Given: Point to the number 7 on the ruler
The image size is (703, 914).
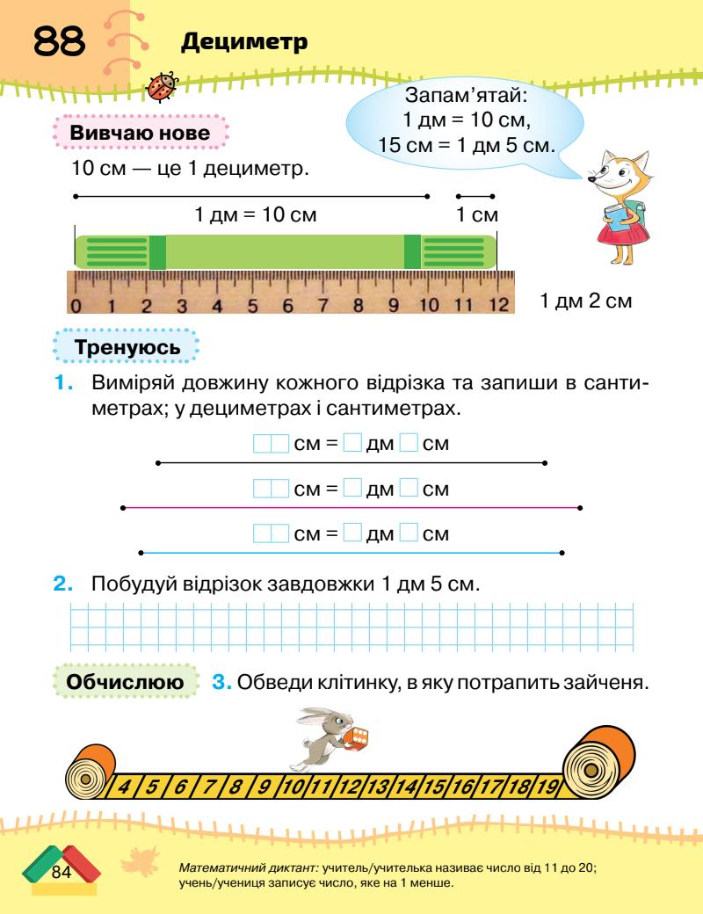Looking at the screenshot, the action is tap(323, 307).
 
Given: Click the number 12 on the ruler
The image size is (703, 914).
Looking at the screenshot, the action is tap(499, 307).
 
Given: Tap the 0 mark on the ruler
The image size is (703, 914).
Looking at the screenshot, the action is tap(76, 307).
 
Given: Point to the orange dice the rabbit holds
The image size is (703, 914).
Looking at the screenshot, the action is tap(359, 737).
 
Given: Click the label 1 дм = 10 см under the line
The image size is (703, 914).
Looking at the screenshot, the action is tap(255, 214).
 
